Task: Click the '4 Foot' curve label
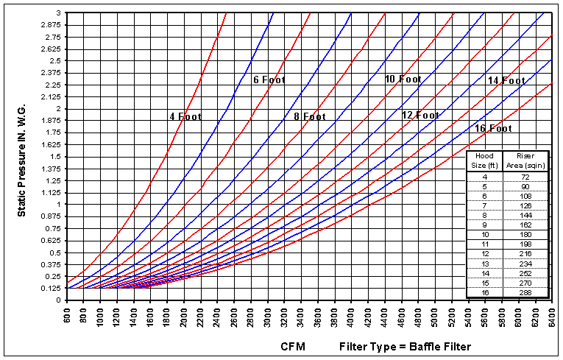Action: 185,116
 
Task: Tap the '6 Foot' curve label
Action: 269,80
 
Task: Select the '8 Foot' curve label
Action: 305,116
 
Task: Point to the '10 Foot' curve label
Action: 403,79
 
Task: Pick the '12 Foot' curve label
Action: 420,115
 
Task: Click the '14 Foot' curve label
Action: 506,80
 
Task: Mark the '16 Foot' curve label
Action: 492,128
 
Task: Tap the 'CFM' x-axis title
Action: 292,346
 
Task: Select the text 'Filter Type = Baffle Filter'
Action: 405,346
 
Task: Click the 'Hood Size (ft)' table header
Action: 484,160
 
